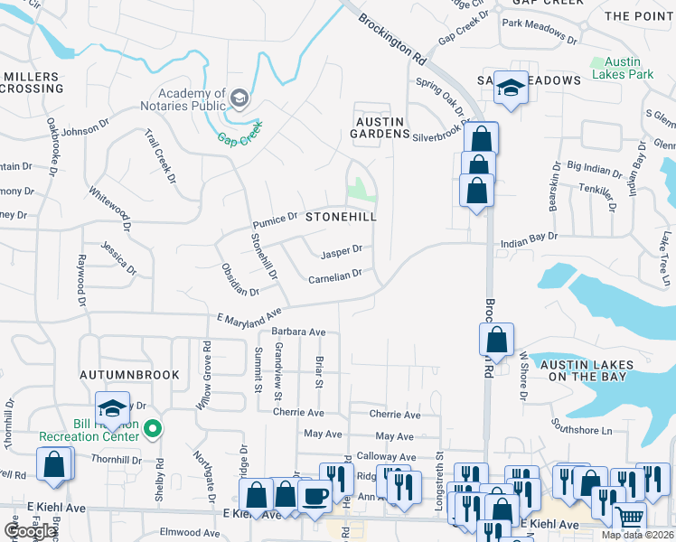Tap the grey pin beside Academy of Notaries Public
(239, 97)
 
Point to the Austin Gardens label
(380, 127)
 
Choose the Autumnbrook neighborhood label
(128, 374)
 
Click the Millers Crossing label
(32, 83)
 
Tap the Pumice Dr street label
(276, 220)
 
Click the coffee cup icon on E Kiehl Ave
(315, 496)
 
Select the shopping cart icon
(630, 518)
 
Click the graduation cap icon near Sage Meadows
(512, 88)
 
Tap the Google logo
(31, 531)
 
